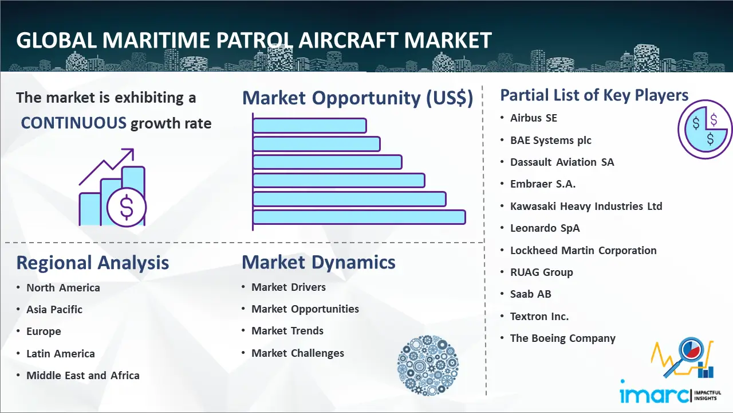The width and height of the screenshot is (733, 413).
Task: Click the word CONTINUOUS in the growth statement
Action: [x=74, y=123]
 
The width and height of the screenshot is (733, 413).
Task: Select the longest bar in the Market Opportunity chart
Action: [x=359, y=217]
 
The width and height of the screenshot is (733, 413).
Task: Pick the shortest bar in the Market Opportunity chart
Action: [x=310, y=126]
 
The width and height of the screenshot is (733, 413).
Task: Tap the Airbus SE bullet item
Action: [x=533, y=118]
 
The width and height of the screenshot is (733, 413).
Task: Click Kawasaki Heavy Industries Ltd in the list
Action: [x=586, y=206]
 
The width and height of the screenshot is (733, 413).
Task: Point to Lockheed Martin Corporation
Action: [x=583, y=251]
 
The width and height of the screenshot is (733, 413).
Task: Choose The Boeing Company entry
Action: [x=562, y=338]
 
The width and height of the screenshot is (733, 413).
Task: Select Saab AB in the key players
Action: [x=530, y=294]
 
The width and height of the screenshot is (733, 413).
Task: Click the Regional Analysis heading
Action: [x=93, y=263]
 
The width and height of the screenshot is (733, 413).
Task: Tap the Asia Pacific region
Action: [x=54, y=309]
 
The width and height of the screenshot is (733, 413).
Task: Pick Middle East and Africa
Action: [x=83, y=375]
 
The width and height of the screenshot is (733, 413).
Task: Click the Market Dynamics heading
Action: [x=318, y=263]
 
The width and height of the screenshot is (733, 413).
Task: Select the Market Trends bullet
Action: [x=287, y=331]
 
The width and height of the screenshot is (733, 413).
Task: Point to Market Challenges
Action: [x=297, y=353]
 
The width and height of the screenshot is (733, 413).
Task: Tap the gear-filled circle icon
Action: [x=428, y=365]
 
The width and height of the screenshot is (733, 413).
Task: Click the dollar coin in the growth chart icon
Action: [x=127, y=207]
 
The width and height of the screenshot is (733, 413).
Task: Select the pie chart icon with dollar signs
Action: [x=705, y=129]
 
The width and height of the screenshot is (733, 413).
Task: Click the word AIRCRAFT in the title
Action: [x=348, y=40]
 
